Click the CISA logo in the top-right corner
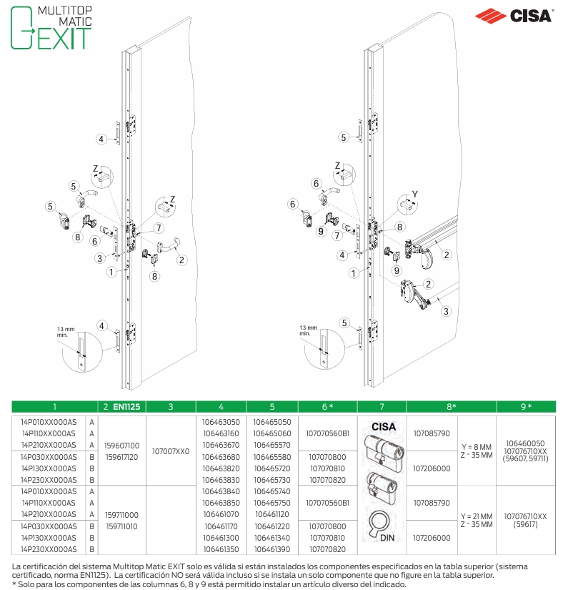coord(513,16)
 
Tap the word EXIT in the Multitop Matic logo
coord(64,38)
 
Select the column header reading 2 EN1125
coord(121,407)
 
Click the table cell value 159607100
coord(121,446)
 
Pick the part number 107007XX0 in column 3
coord(171,451)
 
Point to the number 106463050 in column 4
coord(221,422)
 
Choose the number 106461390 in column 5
coord(272,549)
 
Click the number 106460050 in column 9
coord(525,443)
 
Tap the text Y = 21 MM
coord(477,516)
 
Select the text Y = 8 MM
coord(477,447)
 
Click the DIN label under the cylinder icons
coord(387,538)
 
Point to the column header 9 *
coord(526,407)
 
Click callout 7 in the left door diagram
coord(159,227)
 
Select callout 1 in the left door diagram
coord(111,272)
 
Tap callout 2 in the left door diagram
coord(182,260)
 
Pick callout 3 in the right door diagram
coord(446,311)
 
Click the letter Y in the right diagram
coord(415,194)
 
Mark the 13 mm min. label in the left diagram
coord(66,332)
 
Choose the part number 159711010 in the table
coord(121,526)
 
